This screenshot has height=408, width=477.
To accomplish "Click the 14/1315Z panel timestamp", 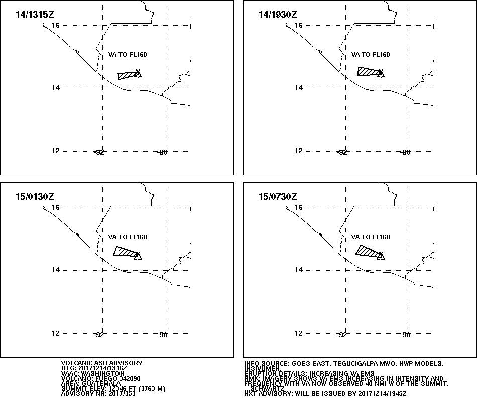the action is pos(35,14).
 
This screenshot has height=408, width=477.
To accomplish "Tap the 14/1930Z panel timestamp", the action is pos(278,14).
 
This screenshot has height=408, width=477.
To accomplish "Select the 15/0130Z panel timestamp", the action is pos(35,196).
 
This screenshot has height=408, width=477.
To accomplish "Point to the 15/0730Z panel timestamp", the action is pos(278,196).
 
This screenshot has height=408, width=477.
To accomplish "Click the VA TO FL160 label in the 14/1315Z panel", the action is pos(128,54).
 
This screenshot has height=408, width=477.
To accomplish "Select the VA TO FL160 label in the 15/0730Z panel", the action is pos(371,237).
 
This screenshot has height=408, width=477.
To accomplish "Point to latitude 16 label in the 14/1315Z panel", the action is pos(56,25).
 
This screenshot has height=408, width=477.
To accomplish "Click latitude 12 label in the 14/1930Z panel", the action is pos(299,151).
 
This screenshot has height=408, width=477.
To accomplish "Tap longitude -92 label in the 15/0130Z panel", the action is pos(99,335).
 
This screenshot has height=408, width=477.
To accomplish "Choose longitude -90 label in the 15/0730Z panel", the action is pos(406,335).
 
